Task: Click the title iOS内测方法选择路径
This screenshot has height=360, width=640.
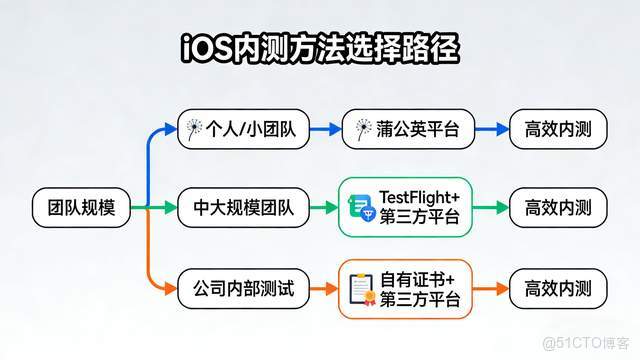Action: (x=320, y=47)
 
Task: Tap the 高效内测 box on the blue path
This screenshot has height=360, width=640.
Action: (x=558, y=129)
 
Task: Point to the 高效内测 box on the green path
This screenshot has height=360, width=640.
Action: (x=558, y=208)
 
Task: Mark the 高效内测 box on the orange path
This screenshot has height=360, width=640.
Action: (x=558, y=290)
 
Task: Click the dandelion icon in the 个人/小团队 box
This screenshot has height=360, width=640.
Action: (x=194, y=129)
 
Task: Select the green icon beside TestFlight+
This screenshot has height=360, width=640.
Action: (x=361, y=208)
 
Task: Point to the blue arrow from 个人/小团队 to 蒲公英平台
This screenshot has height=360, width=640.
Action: (x=323, y=129)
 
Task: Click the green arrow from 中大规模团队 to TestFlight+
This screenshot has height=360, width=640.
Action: (x=323, y=208)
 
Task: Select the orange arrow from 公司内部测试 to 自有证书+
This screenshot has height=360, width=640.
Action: (x=323, y=290)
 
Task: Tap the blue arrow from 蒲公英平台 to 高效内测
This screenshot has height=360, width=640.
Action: (x=489, y=129)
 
